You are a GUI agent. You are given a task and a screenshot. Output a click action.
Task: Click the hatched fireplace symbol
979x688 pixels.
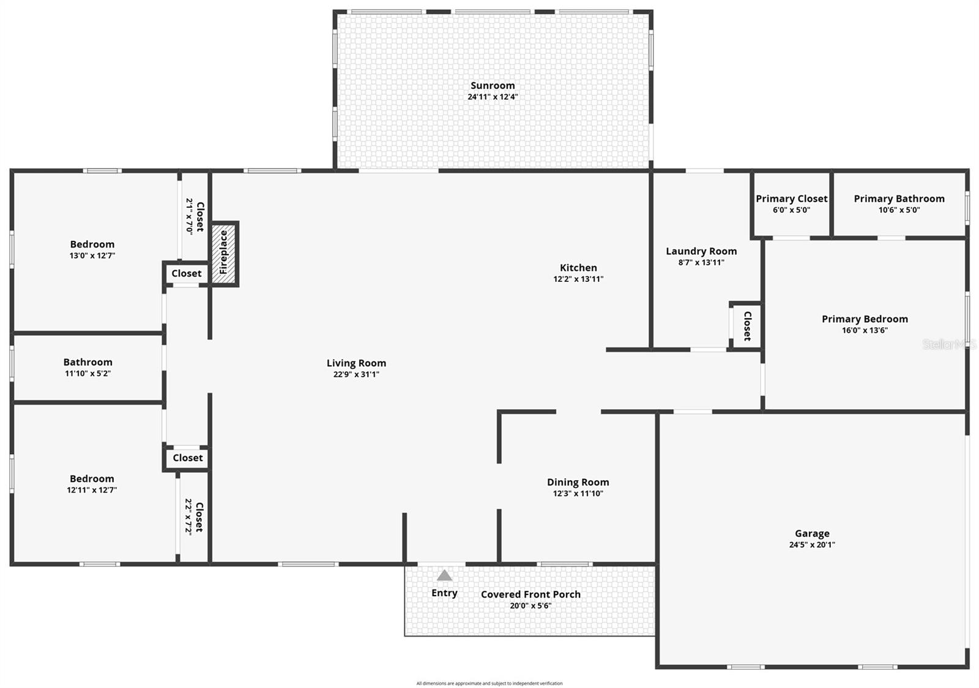click(225, 253)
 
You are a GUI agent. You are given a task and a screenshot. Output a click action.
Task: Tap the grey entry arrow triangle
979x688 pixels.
click(444, 575)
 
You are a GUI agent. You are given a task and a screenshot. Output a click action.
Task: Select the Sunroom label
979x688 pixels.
click(493, 86)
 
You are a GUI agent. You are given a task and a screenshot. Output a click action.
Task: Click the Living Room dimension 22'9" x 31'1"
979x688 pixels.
click(356, 374)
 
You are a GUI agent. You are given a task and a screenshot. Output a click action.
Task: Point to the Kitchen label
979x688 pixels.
click(578, 267)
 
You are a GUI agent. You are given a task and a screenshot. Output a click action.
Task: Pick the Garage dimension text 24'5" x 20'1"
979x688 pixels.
click(812, 544)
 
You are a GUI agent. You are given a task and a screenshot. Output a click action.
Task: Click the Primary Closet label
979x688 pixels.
click(791, 199)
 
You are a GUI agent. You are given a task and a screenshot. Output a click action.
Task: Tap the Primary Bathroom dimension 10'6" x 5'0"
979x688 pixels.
click(899, 210)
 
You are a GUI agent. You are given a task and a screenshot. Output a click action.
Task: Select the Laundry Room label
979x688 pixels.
click(701, 251)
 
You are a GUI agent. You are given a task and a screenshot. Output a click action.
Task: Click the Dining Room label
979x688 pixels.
click(578, 482)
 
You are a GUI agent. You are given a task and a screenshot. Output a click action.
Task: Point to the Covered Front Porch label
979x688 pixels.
click(530, 594)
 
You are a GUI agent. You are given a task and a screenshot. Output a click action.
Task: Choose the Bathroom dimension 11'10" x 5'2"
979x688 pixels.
click(87, 373)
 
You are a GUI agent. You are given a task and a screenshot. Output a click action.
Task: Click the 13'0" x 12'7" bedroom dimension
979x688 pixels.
click(92, 256)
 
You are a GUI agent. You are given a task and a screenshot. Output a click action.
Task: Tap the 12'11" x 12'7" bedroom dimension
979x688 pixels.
click(92, 490)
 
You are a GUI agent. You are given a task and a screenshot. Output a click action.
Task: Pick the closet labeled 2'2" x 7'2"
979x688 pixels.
click(193, 517)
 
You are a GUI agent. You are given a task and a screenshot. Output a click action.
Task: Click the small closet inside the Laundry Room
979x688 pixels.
click(746, 326)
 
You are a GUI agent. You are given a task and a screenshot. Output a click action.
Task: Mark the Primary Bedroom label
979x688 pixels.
click(865, 319)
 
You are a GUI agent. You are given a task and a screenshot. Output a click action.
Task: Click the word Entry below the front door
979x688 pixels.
click(444, 593)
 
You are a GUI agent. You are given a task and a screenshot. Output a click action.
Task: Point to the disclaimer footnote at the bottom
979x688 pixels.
click(489, 683)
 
